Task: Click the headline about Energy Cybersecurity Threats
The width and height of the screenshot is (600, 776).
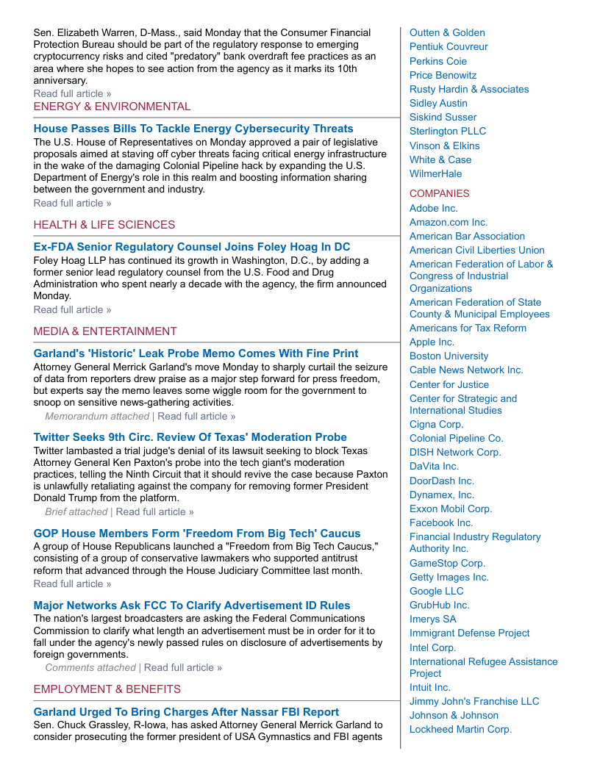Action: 193,129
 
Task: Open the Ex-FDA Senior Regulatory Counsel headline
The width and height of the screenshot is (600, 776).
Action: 192,247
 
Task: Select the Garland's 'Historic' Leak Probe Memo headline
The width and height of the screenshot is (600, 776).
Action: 196,353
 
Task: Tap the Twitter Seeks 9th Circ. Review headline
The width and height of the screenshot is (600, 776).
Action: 190,437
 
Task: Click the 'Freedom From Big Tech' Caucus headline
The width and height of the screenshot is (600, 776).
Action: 197,533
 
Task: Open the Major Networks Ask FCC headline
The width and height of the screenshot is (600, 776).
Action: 192,606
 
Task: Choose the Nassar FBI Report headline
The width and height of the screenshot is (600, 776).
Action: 186,712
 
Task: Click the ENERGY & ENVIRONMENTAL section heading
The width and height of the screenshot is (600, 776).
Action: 112,107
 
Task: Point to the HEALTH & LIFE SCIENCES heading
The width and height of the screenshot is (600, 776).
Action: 104,225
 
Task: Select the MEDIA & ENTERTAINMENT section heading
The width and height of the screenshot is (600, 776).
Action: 105,331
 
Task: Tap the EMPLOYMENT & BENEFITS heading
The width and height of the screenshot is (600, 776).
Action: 107,689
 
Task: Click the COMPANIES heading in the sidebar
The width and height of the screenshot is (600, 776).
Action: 439,194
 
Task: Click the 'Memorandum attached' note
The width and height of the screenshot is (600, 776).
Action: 97,417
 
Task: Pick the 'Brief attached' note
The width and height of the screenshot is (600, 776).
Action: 76,511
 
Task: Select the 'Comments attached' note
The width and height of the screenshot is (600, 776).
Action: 90,668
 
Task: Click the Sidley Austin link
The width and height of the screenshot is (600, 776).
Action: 438,103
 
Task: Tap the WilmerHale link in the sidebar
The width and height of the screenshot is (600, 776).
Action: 436,174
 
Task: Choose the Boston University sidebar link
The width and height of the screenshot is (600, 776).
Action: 449,356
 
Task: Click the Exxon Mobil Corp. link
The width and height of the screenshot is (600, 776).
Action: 451,509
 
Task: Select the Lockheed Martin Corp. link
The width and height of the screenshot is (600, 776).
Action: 460,730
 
